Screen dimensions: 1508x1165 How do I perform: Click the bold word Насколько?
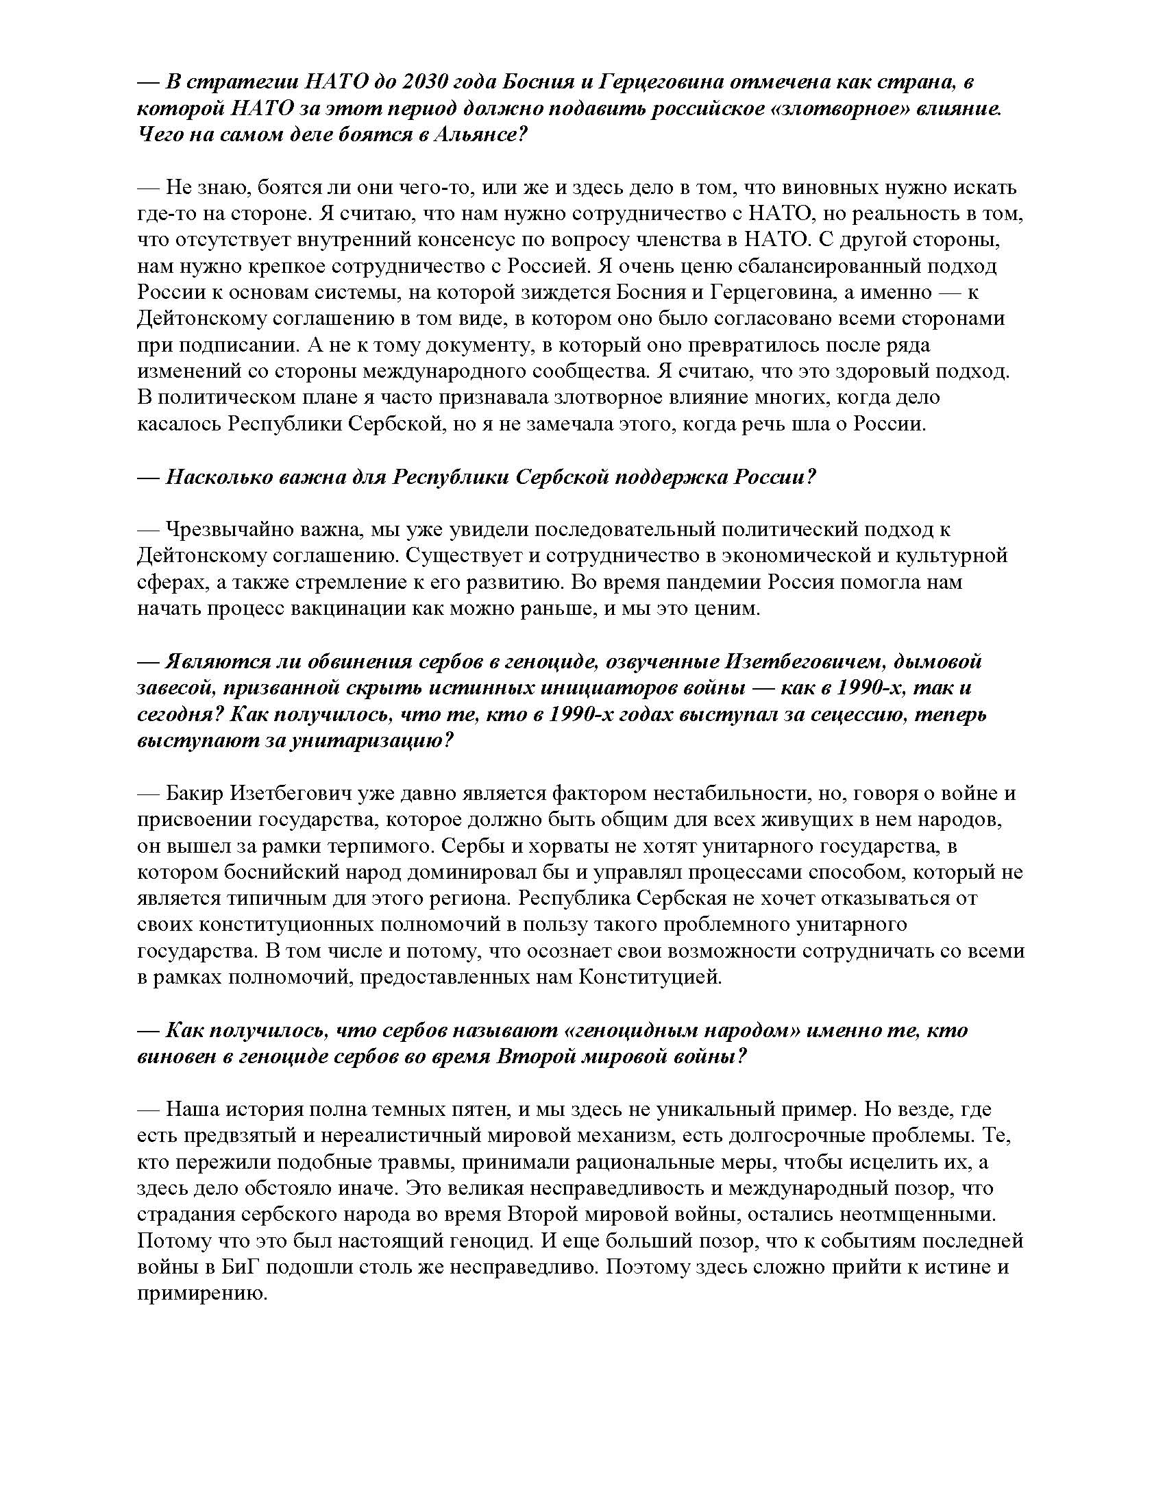pos(217,476)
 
